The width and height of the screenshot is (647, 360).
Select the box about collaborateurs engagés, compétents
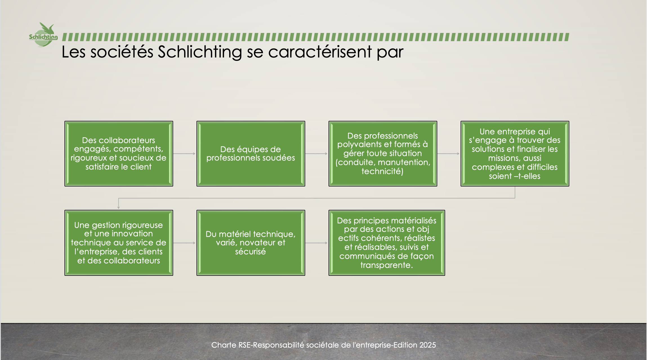(x=119, y=154)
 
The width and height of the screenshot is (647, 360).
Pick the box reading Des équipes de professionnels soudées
(x=251, y=154)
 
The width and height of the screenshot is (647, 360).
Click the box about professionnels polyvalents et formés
(x=383, y=154)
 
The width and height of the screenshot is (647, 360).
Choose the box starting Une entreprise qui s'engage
(x=515, y=154)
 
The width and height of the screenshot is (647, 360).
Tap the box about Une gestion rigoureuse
(x=119, y=243)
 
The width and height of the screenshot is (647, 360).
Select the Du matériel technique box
(x=251, y=243)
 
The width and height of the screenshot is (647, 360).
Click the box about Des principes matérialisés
(x=387, y=243)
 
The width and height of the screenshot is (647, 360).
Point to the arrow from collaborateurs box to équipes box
(x=184, y=154)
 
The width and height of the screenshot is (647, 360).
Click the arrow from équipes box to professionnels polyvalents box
(x=316, y=154)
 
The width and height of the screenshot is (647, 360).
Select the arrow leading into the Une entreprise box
(x=449, y=154)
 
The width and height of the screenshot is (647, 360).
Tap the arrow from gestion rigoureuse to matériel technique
(x=184, y=243)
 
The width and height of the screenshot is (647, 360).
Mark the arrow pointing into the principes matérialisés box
(x=316, y=243)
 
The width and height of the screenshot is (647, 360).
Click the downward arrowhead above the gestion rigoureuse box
(x=119, y=208)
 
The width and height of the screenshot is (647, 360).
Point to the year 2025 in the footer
(x=428, y=345)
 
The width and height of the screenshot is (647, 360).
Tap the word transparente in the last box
(x=387, y=265)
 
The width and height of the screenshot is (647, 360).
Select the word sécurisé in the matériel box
(x=251, y=252)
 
